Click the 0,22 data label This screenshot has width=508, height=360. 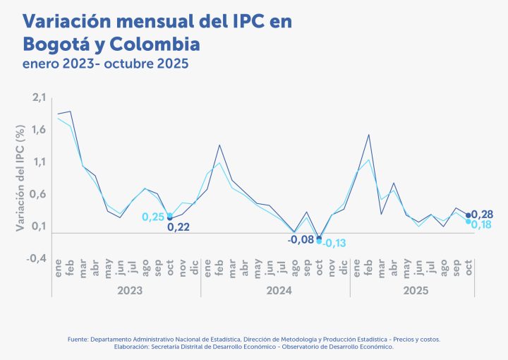[x=178, y=227]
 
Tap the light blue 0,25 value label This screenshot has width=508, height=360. [x=154, y=217]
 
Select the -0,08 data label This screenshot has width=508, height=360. [x=301, y=239]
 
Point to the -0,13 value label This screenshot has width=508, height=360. [x=334, y=244]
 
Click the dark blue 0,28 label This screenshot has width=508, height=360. [x=482, y=214]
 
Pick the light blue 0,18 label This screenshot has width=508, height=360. [x=482, y=224]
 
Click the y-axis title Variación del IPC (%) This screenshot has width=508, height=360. [x=20, y=175]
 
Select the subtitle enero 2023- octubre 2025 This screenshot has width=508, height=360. [x=106, y=64]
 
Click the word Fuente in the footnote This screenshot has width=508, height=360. [x=78, y=340]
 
